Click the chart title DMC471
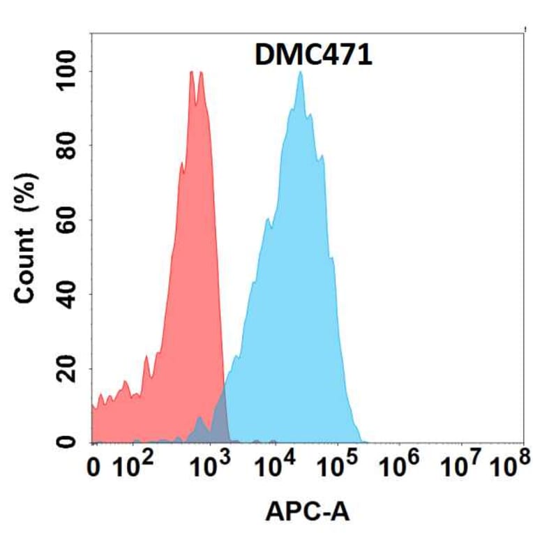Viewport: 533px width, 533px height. tap(312, 55)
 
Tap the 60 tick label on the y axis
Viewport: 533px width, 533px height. tap(67, 220)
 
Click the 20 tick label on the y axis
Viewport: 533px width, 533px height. tap(67, 368)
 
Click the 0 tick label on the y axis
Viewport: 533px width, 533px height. tap(67, 441)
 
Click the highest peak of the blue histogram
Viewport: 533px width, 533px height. tap(300, 73)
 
